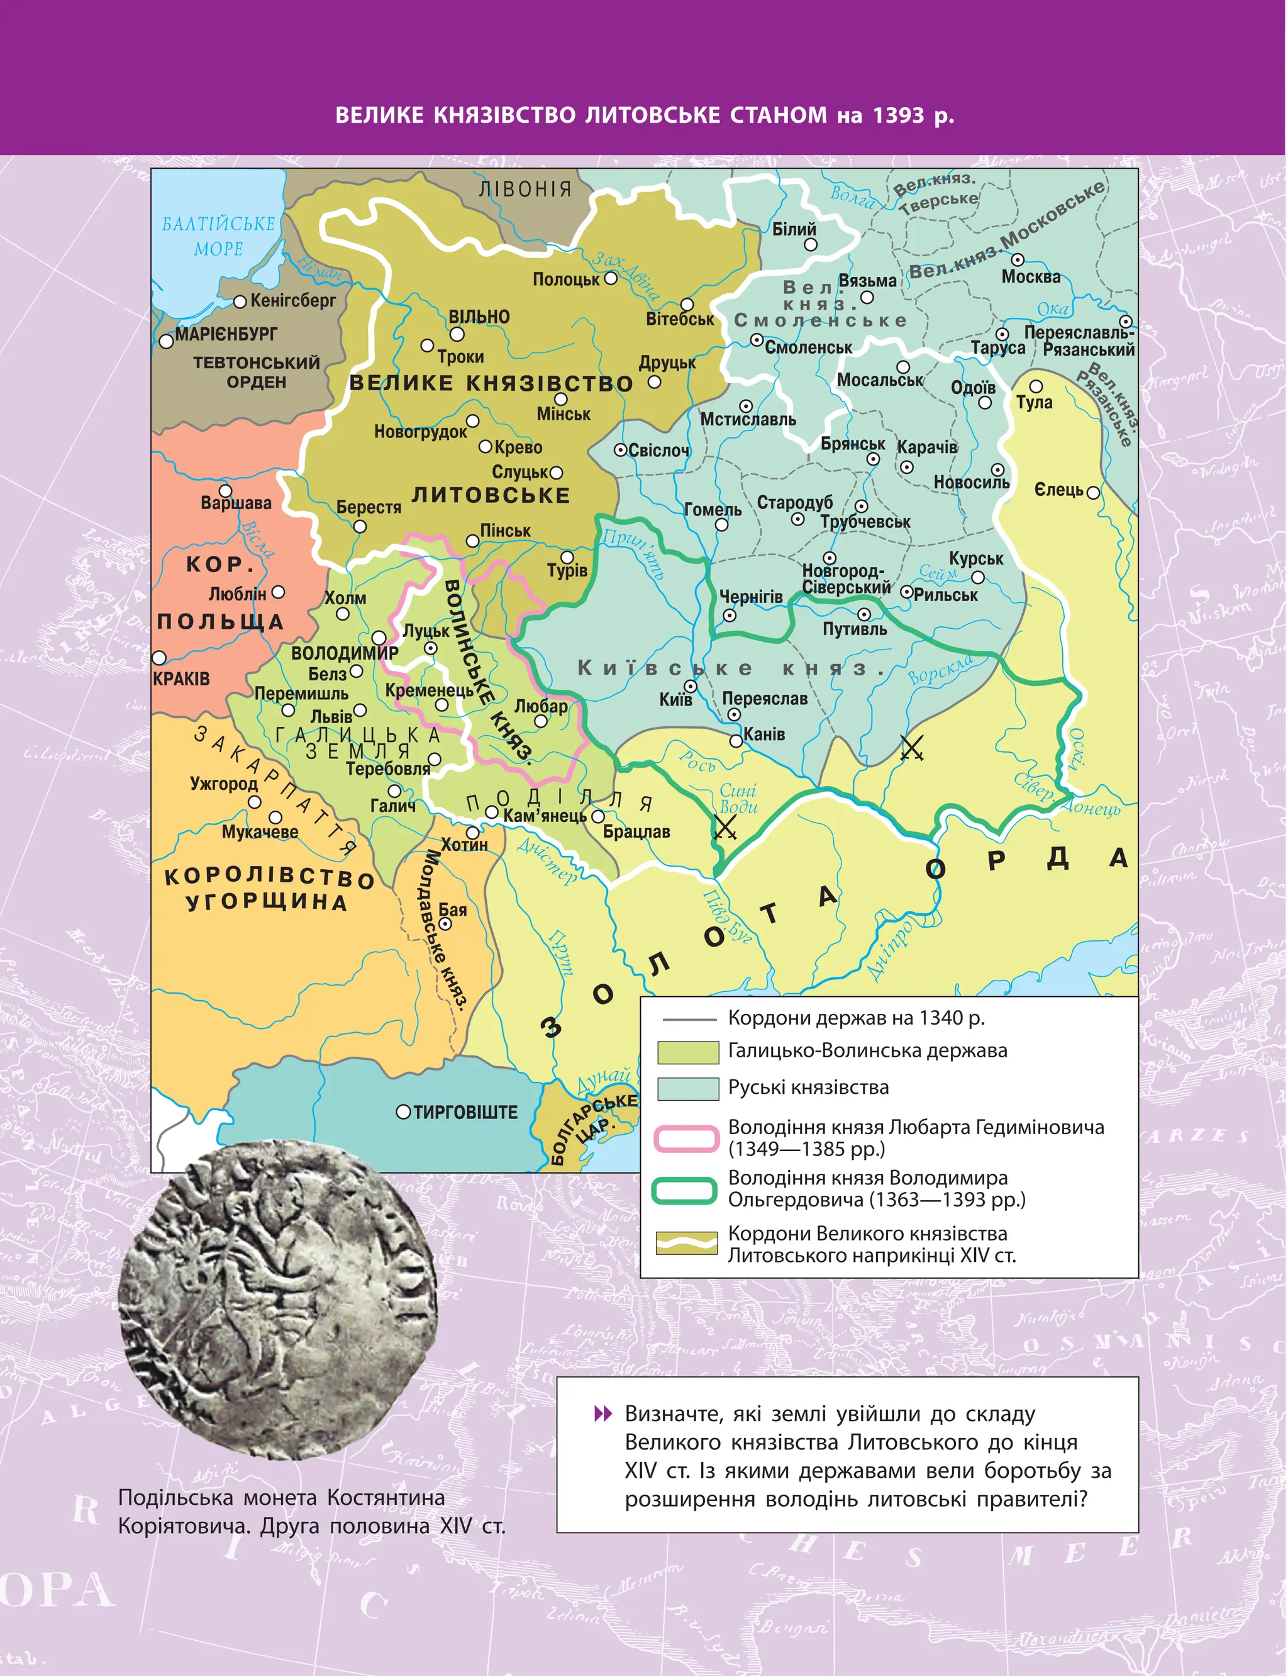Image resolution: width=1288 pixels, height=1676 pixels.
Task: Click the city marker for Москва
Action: click(x=1018, y=260)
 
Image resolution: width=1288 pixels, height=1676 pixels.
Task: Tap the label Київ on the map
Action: click(x=675, y=700)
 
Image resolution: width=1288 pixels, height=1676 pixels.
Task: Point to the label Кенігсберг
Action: click(x=293, y=301)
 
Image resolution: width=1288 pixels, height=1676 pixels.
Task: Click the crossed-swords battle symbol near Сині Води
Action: click(x=724, y=828)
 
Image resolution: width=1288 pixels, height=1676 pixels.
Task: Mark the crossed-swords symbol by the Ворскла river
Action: click(x=911, y=747)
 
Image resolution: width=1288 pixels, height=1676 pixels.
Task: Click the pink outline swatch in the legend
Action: click(x=686, y=1139)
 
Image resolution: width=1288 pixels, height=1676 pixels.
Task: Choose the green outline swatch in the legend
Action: click(x=685, y=1190)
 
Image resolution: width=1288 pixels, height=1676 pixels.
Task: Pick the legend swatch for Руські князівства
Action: click(x=687, y=1088)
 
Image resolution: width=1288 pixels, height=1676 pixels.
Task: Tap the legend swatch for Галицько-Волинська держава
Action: click(x=687, y=1052)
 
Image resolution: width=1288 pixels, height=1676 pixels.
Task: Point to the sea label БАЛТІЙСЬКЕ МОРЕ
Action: click(x=218, y=235)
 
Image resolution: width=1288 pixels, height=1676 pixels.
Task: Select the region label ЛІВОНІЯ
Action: click(x=525, y=189)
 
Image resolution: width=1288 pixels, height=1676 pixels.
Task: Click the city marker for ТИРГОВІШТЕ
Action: click(x=403, y=1111)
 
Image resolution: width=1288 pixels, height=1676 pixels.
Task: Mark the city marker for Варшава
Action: click(x=225, y=491)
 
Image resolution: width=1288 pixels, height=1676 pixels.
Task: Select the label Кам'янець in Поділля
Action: click(x=545, y=816)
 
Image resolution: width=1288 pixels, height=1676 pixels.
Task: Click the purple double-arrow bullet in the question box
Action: click(x=603, y=1413)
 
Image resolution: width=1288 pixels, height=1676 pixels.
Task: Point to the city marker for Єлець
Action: click(x=1093, y=492)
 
